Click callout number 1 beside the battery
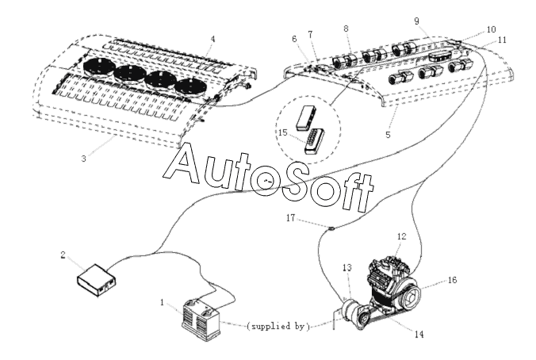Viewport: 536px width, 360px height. tap(162, 302)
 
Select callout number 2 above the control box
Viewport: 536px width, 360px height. tap(63, 255)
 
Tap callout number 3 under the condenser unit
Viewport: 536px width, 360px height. tap(84, 159)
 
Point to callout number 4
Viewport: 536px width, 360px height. tap(213, 39)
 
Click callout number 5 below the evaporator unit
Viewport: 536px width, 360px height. tap(388, 135)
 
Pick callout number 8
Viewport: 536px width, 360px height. tap(346, 29)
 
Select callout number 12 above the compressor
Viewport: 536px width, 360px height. tap(402, 236)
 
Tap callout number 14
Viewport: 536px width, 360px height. tap(419, 334)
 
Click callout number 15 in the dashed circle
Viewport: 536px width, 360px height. tap(283, 132)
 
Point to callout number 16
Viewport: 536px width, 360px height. tap(452, 280)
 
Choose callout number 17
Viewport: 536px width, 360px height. tap(290, 218)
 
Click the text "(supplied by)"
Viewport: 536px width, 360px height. tap(278, 327)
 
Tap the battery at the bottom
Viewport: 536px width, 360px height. tap(201, 320)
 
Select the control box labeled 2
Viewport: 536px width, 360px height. tap(97, 281)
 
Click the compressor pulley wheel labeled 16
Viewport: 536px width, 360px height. tap(410, 297)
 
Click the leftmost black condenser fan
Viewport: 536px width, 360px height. tap(98, 67)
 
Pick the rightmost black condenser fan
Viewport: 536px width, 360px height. tap(191, 87)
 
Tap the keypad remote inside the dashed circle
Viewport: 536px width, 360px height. tap(315, 142)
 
